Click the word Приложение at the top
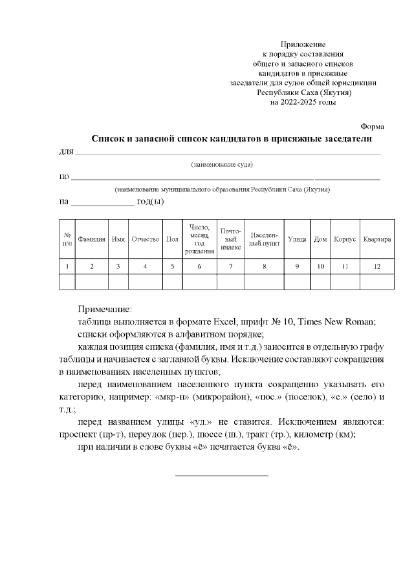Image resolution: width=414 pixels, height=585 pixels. click(303, 44)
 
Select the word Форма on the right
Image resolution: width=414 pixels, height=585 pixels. click(372, 126)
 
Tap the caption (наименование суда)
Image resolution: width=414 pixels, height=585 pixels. click(221, 165)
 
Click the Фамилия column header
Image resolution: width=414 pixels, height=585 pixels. click(91, 239)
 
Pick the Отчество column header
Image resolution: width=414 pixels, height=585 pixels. click(145, 239)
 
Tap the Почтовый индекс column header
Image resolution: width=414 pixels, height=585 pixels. click(230, 239)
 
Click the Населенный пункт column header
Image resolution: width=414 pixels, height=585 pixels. click(264, 239)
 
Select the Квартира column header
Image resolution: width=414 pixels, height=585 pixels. click(377, 239)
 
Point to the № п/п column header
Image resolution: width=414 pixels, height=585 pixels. click(67, 239)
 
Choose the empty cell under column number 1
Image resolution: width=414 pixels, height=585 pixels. click(67, 281)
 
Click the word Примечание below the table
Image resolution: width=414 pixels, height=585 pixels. click(104, 310)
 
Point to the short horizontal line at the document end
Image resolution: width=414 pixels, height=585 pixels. click(221, 476)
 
